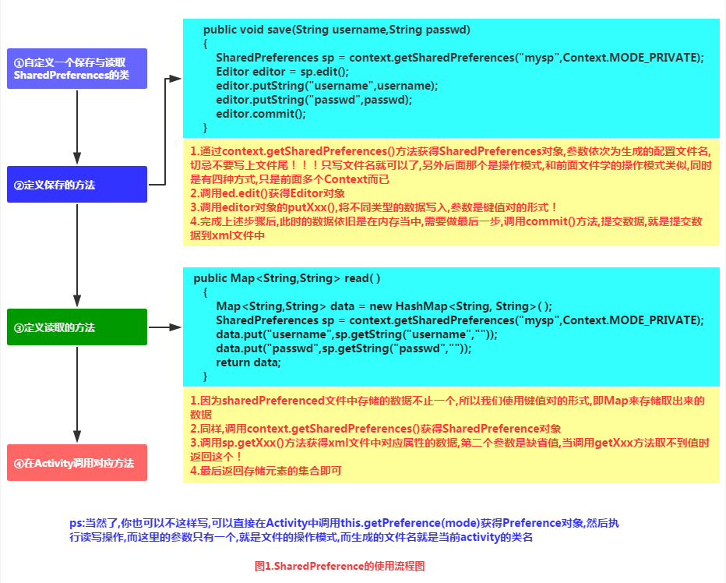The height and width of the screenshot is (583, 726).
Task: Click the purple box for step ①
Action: (x=76, y=68)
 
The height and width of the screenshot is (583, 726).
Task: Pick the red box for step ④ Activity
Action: (x=76, y=463)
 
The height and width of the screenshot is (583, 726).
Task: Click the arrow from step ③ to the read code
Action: (x=164, y=327)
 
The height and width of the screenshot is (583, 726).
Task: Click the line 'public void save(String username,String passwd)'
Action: (x=337, y=30)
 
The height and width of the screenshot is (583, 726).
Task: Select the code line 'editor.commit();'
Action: (x=261, y=113)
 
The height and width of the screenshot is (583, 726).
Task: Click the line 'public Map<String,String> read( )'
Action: (x=287, y=278)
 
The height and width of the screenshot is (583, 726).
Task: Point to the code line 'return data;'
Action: (x=248, y=362)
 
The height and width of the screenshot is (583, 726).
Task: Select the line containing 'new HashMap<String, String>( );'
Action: (x=384, y=306)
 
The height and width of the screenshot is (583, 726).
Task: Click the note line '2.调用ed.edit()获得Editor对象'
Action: (x=267, y=193)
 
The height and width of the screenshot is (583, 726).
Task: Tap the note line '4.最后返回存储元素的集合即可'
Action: (x=266, y=471)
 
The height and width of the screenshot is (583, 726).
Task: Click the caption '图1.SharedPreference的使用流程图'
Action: (x=340, y=566)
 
